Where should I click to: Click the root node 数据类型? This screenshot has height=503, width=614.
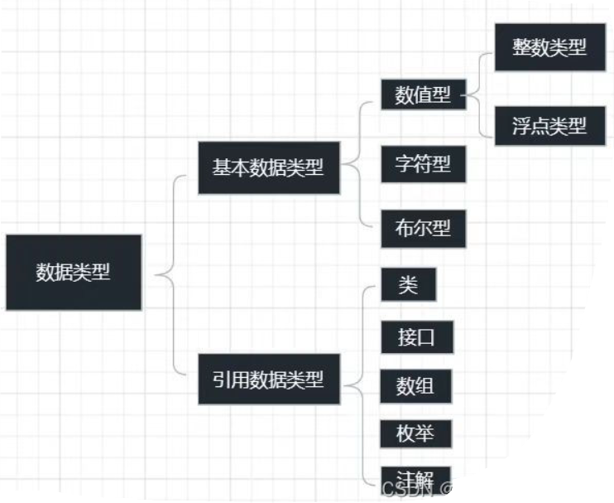pos(73,272)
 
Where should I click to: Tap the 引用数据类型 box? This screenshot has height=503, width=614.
pos(269,380)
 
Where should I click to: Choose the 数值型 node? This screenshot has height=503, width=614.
pos(423,95)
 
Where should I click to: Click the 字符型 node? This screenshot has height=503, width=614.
pos(423,163)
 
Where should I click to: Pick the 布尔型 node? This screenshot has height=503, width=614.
pos(423,229)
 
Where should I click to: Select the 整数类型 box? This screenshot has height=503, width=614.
pos(549,47)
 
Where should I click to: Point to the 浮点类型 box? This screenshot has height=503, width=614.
pos(549,126)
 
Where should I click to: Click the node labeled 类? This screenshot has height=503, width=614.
pos(408,285)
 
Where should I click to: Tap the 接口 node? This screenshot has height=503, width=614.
pos(416,337)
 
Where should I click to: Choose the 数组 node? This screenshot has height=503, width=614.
pos(416,385)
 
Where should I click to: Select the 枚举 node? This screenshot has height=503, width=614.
pos(416,433)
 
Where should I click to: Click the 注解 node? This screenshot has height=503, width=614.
pos(416,478)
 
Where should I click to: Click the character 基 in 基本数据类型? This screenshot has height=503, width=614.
pos(222,167)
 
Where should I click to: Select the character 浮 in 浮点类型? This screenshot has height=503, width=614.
pos(520,126)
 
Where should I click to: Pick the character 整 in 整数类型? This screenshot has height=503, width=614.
pos(521,47)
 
